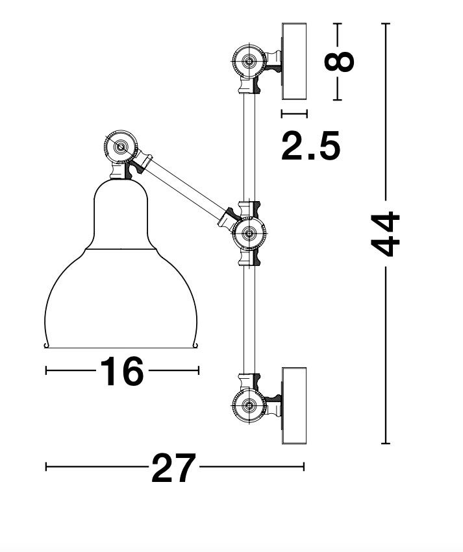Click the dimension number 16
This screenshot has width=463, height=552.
tap(122, 371)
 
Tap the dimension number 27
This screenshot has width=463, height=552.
tap(173, 468)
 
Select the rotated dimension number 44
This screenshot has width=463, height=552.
tap(386, 234)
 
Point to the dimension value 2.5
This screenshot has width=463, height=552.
tap(311, 145)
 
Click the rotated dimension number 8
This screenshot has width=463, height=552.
tap(338, 62)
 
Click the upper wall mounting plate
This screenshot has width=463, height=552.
tap(294, 61)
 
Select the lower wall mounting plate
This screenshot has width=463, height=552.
tap(294, 405)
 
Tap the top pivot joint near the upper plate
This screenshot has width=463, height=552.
tap(249, 61)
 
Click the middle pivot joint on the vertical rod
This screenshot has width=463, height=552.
tap(249, 233)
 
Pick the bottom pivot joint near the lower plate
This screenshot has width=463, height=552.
tap(249, 405)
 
